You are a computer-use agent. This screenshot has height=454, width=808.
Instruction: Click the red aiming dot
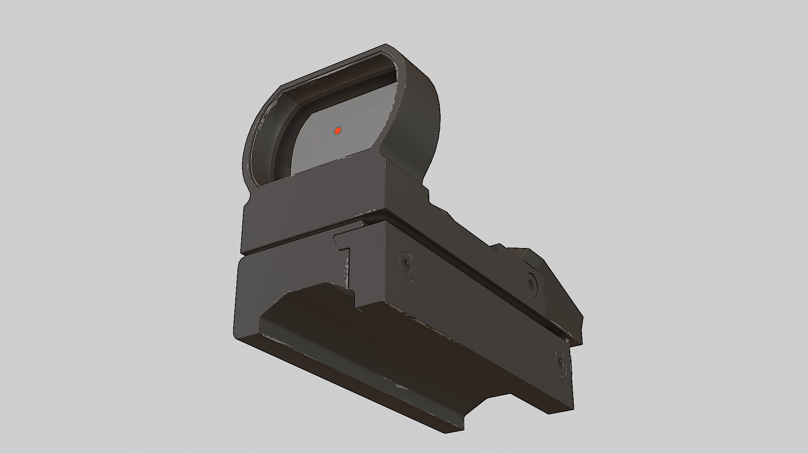[x=338, y=131]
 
